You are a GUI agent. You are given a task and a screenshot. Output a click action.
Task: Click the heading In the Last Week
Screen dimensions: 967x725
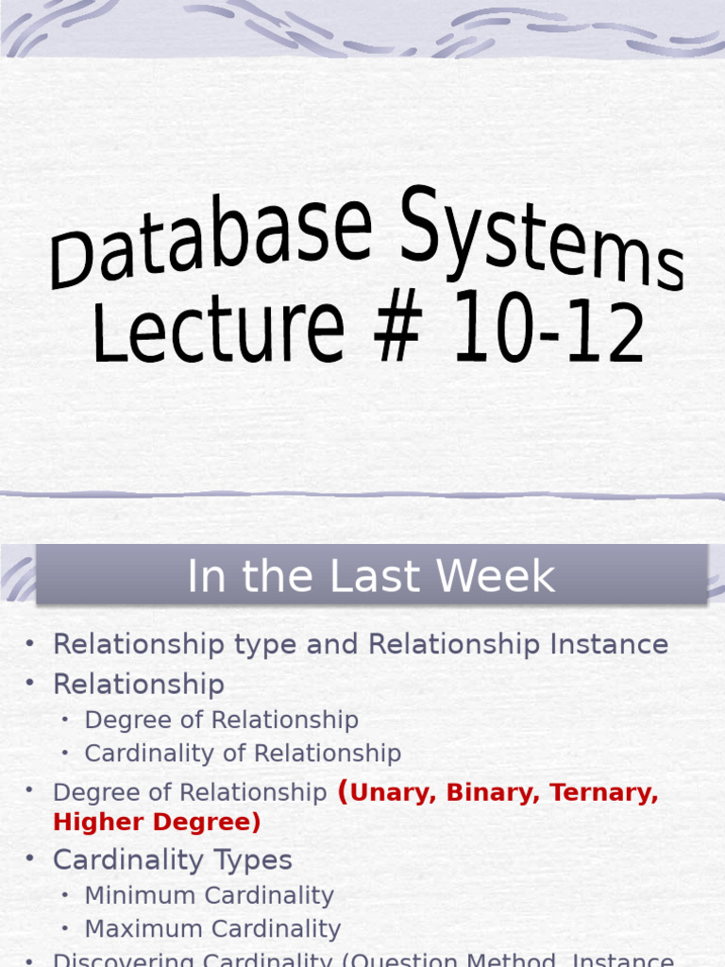click(371, 576)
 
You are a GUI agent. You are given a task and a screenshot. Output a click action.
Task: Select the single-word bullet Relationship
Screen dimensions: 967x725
click(139, 684)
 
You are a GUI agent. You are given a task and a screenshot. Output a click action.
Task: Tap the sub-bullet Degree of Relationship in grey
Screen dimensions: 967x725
click(221, 720)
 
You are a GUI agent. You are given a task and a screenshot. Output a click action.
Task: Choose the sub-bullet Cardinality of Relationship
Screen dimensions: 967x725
click(243, 753)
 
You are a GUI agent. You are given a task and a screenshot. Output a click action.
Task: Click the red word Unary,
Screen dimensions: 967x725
click(388, 792)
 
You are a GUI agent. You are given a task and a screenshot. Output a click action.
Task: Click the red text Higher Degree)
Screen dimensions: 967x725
click(157, 823)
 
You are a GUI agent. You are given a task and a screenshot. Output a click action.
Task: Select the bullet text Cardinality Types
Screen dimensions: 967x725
click(173, 860)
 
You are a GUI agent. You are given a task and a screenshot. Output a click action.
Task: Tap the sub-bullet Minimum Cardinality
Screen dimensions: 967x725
click(209, 895)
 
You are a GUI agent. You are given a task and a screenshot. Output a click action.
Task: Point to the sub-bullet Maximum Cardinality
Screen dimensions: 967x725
click(212, 929)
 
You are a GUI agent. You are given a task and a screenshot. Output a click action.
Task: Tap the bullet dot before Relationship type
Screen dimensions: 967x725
click(30, 643)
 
